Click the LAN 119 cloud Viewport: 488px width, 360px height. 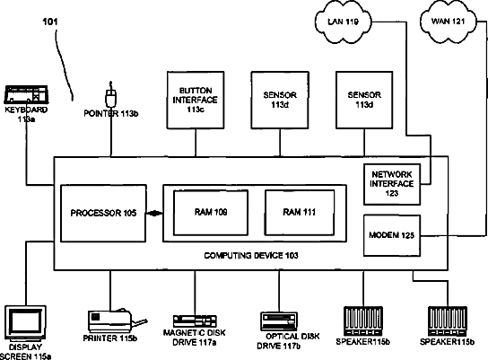point(344,22)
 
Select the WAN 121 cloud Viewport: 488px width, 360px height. point(449,22)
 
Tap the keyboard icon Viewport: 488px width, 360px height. point(26,94)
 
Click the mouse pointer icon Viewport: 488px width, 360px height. point(111,95)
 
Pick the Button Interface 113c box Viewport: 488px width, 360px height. point(196,100)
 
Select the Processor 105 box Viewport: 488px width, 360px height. point(103,214)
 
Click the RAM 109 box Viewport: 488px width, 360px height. point(211,213)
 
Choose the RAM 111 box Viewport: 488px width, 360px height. point(300,213)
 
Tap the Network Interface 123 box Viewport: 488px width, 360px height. point(392,184)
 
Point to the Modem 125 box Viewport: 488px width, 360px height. point(392,235)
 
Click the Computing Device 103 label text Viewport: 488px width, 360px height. point(251,256)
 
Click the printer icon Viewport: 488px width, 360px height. point(117,320)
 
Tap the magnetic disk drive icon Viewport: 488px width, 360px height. point(195,321)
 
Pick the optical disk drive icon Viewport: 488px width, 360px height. point(279,321)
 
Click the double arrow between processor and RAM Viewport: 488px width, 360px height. point(154,214)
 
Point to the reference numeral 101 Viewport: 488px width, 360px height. point(50,22)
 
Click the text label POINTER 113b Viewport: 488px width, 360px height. point(111,114)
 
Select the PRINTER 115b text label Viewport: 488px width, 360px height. point(109,338)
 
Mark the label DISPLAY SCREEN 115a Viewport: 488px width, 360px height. point(26,352)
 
